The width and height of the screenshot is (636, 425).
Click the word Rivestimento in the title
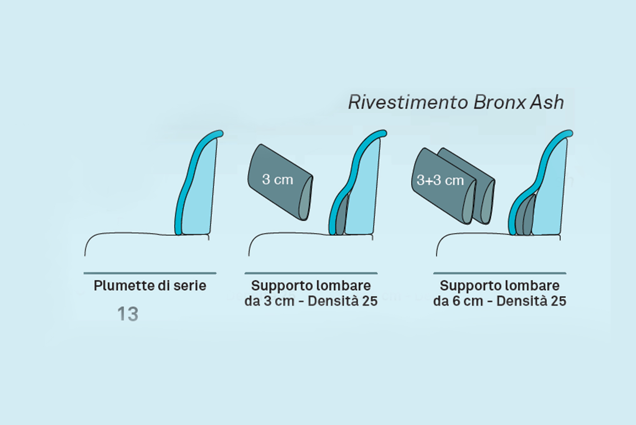(x=408, y=103)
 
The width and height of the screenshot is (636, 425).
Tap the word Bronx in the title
(x=499, y=103)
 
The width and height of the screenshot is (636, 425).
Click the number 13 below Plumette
(x=128, y=314)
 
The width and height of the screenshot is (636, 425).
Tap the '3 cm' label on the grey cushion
(x=277, y=180)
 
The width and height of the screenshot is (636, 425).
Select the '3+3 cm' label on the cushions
(x=440, y=181)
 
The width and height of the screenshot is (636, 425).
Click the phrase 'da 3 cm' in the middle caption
(x=269, y=301)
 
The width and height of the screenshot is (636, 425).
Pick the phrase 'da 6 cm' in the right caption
(x=458, y=301)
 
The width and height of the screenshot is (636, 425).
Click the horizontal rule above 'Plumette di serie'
(x=150, y=273)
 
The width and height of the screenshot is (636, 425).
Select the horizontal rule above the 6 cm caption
(x=500, y=273)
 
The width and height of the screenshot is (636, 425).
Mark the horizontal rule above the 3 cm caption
(x=311, y=273)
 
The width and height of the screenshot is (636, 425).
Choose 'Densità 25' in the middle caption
(x=342, y=301)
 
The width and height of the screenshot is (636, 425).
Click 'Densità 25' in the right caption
(x=531, y=301)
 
